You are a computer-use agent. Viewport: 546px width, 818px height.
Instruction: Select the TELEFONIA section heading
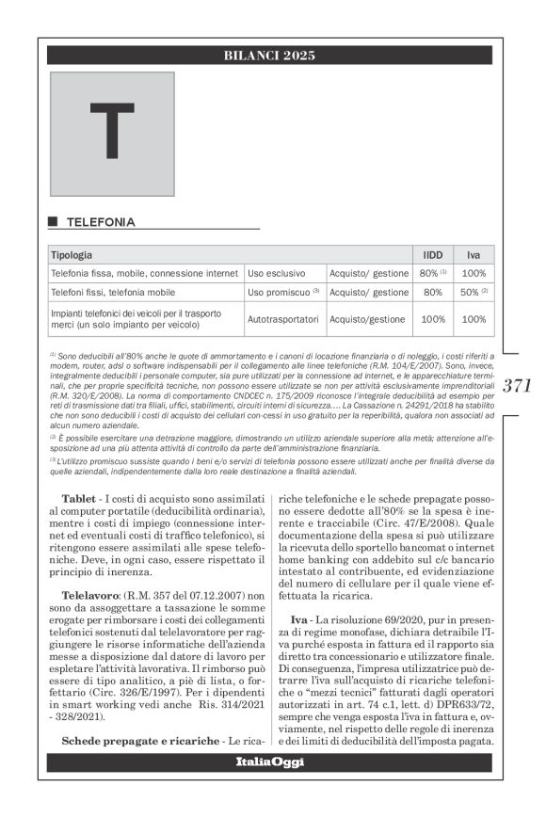(x=100, y=222)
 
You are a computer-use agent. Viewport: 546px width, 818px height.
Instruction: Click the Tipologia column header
(x=72, y=255)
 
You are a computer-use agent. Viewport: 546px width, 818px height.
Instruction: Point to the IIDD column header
(x=433, y=255)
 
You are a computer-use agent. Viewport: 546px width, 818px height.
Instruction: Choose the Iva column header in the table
(x=474, y=255)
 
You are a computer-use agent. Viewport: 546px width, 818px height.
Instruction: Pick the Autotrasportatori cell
(x=283, y=319)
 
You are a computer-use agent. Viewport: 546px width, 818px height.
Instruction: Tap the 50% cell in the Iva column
(x=474, y=292)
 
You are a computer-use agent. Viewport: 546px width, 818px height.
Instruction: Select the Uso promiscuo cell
(x=283, y=292)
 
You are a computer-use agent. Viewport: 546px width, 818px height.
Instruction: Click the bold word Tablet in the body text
(x=80, y=496)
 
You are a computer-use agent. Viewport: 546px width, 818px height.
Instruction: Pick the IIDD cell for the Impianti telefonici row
(x=433, y=319)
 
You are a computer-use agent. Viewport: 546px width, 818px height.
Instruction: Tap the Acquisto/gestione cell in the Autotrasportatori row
(x=368, y=319)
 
